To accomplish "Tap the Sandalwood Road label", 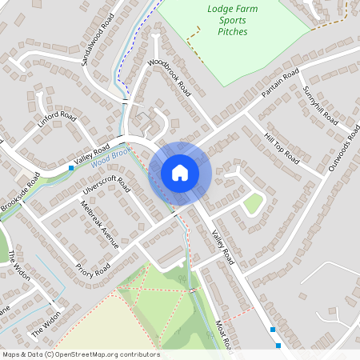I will coord(98,39).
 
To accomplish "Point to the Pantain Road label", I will coord(279,83).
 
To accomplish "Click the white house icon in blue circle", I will coord(180,173).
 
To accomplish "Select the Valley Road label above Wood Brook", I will coord(90,156).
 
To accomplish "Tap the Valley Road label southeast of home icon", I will coord(223,246).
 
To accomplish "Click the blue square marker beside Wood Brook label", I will coord(71,168).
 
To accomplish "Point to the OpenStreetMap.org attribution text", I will coord(80,354).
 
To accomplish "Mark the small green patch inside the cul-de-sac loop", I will coord(254,204).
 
